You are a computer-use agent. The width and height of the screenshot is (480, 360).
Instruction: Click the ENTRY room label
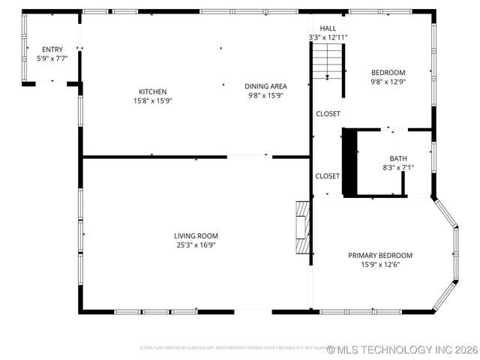[x=52, y=49]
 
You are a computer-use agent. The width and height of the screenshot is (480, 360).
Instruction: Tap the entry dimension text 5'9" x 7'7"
[x=52, y=58]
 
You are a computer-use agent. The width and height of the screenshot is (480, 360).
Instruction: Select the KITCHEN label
[x=152, y=91]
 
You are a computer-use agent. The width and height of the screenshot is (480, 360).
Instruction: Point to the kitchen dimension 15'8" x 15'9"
[x=152, y=100]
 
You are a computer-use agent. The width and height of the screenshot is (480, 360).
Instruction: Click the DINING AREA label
[x=268, y=86]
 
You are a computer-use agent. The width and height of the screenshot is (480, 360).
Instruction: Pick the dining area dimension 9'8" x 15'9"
[x=268, y=95]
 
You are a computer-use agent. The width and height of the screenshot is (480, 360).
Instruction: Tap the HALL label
[x=328, y=28]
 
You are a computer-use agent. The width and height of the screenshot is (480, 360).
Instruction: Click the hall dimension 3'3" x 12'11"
[x=328, y=37]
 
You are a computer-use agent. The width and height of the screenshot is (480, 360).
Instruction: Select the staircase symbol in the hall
[x=327, y=61]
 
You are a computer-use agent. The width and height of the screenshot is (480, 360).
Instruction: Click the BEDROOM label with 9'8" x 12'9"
[x=388, y=73]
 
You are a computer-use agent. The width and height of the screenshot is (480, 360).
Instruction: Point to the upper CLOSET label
[x=328, y=114]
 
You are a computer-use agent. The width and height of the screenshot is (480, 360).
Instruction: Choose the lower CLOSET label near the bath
[x=328, y=176]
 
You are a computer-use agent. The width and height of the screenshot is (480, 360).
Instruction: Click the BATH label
[x=397, y=158]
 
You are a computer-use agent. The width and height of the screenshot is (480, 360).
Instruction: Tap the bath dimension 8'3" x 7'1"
[x=397, y=167]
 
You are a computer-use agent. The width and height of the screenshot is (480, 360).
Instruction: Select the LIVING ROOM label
[x=196, y=235]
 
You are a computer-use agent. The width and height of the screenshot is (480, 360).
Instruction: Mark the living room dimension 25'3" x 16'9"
[x=196, y=244]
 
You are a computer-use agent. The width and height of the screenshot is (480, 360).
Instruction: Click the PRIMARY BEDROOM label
[x=380, y=255]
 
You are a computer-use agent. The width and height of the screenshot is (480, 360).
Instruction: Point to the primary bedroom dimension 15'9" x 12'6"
[x=380, y=264]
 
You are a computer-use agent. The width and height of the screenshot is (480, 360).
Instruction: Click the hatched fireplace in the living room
[x=302, y=229]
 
